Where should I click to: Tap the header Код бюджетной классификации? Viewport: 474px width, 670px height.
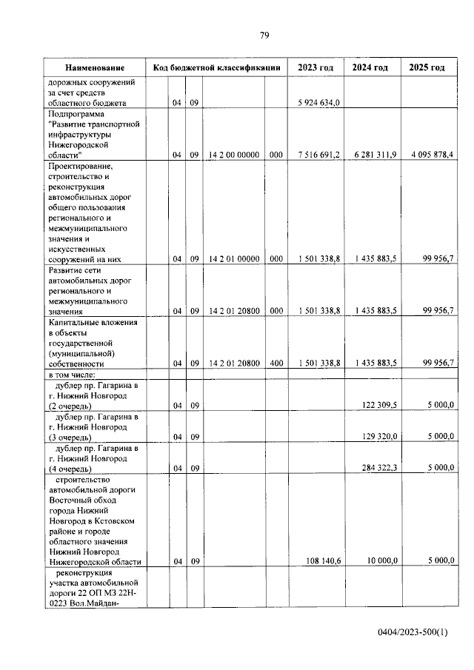click(x=216, y=67)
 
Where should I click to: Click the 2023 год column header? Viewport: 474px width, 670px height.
click(x=316, y=67)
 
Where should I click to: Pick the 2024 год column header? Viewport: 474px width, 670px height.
click(x=370, y=67)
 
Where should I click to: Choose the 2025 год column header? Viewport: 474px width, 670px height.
click(x=427, y=67)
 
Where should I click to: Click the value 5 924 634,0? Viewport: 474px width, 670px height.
click(x=319, y=103)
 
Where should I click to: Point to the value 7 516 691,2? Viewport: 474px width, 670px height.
click(x=319, y=155)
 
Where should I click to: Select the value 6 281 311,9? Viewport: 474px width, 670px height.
click(x=374, y=155)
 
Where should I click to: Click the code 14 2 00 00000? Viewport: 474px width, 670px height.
click(x=233, y=155)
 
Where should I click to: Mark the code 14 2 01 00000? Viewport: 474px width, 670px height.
click(x=233, y=259)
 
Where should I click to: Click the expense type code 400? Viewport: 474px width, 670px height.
click(x=276, y=364)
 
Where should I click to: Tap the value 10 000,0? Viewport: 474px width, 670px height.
click(x=379, y=561)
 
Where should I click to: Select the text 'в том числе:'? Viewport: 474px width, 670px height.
click(x=73, y=375)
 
